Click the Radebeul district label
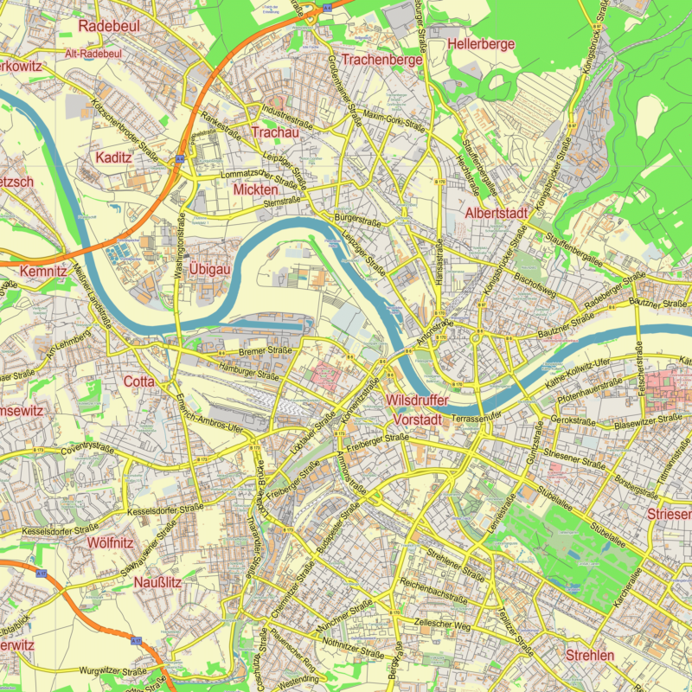(x=109, y=26)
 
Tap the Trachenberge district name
(x=381, y=60)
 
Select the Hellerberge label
(x=482, y=44)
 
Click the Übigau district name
(x=211, y=270)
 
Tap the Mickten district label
(x=255, y=189)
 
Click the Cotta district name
(x=139, y=381)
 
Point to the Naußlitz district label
(x=157, y=582)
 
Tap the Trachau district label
(x=274, y=132)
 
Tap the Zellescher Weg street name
(x=442, y=625)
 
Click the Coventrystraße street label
(x=87, y=449)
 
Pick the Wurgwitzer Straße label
(x=112, y=670)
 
